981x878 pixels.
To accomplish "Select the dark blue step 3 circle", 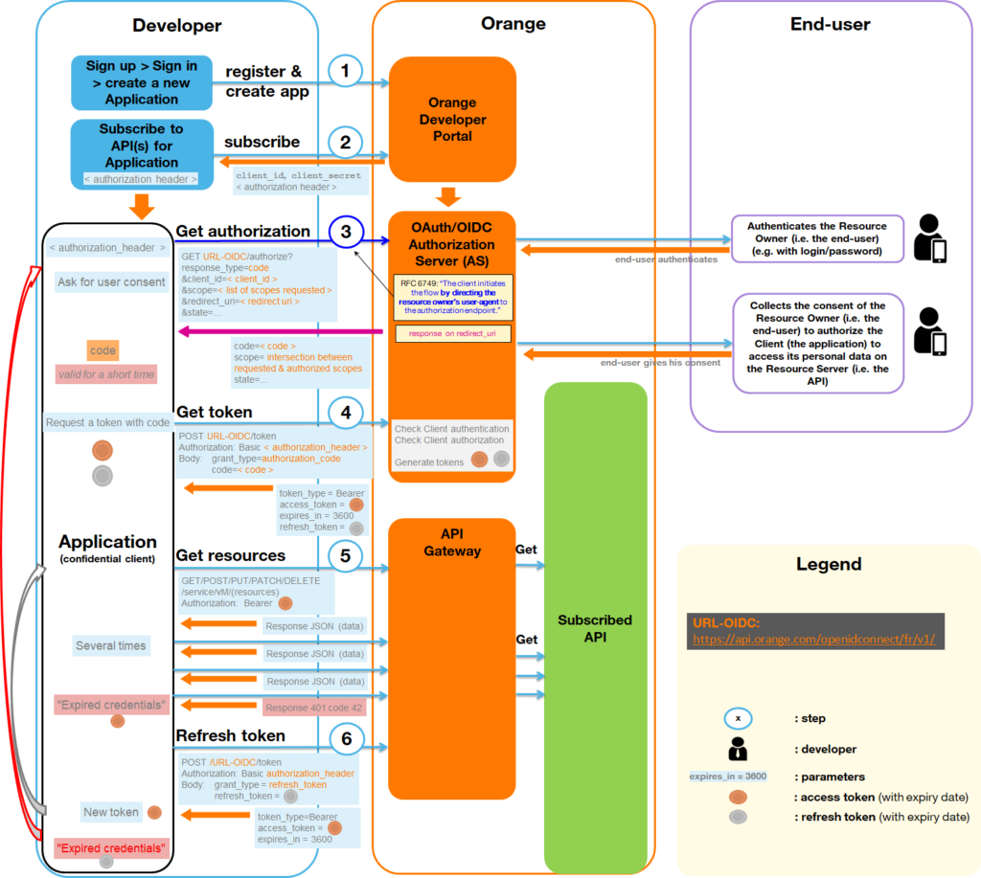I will [x=347, y=232].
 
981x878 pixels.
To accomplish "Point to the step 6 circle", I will [x=347, y=737].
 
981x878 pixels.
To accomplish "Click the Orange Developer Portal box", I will [x=452, y=120].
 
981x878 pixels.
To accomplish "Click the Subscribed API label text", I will [x=595, y=628].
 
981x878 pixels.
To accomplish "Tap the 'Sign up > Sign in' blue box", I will [x=142, y=82].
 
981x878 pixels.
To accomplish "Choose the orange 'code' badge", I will [x=103, y=350].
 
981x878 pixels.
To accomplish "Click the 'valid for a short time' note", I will [x=105, y=374].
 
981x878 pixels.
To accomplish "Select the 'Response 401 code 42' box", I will [x=314, y=708].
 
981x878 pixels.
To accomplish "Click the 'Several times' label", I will [x=111, y=645].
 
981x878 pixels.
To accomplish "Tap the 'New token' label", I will [x=111, y=812].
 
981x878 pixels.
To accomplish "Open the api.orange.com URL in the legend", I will [x=812, y=639].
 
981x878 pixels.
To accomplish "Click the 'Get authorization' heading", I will [x=243, y=231].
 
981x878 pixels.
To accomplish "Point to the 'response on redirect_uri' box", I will [x=452, y=334].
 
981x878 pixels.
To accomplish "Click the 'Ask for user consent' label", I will [x=111, y=282].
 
